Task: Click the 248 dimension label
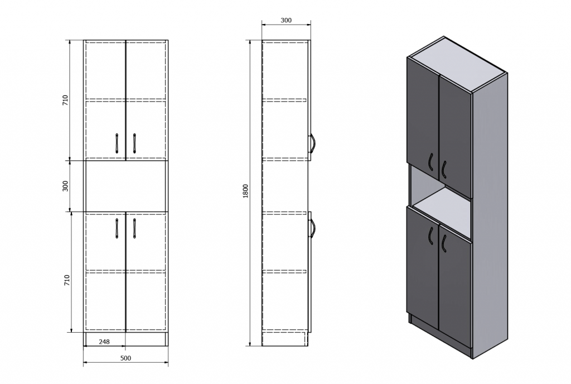pyautogui.click(x=104, y=342)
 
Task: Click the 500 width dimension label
pyautogui.click(x=125, y=358)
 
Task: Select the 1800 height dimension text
pyautogui.click(x=245, y=191)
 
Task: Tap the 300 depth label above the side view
pyautogui.click(x=286, y=21)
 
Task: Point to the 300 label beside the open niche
pyautogui.click(x=66, y=186)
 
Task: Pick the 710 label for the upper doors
pyautogui.click(x=66, y=100)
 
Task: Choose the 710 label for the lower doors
pyautogui.click(x=67, y=280)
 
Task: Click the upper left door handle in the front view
pyautogui.click(x=117, y=143)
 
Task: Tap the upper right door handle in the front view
pyautogui.click(x=134, y=143)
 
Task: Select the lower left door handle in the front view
pyautogui.click(x=117, y=228)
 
